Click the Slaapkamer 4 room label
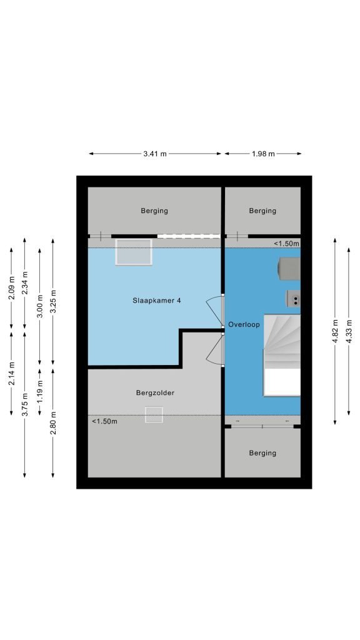tap(156, 301)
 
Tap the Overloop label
tap(244, 324)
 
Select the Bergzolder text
tap(155, 392)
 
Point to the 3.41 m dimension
tap(155, 154)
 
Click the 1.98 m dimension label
tap(263, 154)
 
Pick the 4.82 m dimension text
tap(335, 331)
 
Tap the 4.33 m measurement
tap(349, 331)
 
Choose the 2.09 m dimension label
tap(11, 288)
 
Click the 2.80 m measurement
tap(52, 423)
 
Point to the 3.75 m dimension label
tap(24, 404)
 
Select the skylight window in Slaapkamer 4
tap(134, 252)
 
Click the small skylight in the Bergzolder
tap(154, 414)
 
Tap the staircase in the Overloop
tap(282, 355)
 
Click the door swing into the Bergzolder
tap(215, 349)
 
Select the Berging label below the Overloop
tap(262, 453)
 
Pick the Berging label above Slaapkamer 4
tap(154, 211)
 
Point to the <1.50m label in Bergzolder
tap(104, 421)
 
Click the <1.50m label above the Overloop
tap(286, 244)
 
